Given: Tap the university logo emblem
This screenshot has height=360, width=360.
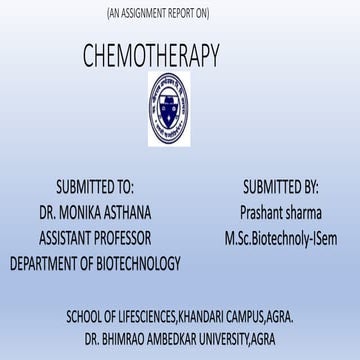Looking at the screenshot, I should tap(179, 101).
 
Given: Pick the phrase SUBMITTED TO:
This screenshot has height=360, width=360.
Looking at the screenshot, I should tap(95, 186).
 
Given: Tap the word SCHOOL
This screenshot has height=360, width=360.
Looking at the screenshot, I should tap(85, 316).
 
